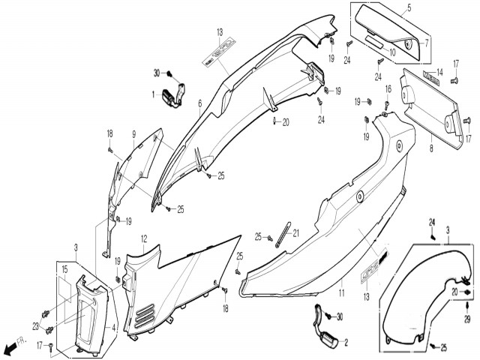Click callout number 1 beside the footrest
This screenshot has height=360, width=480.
tap(154, 94)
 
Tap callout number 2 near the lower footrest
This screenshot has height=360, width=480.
tap(346, 341)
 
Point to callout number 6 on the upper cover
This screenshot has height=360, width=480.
tap(200, 103)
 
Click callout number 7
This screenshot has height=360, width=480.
tap(426, 43)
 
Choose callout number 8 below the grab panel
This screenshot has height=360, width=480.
tap(431, 150)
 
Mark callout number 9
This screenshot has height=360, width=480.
tap(133, 134)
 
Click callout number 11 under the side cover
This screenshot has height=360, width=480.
tap(341, 292)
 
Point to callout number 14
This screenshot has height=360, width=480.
tap(439, 72)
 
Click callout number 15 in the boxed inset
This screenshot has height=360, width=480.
tap(64, 268)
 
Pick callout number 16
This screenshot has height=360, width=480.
tap(387, 88)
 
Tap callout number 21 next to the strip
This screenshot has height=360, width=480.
tap(295, 233)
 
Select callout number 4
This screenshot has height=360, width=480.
tap(112, 327)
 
